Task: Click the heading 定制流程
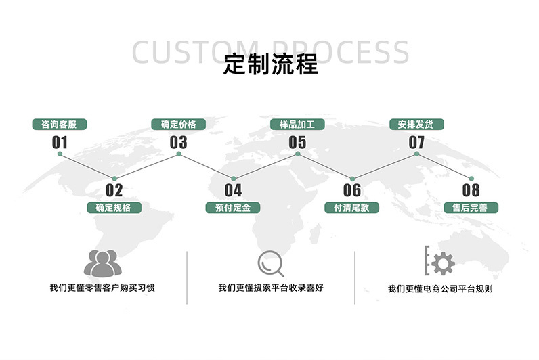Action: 270,65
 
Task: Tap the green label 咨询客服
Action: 60,125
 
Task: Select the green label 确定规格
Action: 114,208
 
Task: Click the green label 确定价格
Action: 179,125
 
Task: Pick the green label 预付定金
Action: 233,208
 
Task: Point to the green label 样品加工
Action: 297,125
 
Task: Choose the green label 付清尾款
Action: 351,208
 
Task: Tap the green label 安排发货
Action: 416,125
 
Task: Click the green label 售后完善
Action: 471,208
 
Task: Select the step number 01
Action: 60,142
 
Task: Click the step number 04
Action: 233,190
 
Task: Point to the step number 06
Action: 351,190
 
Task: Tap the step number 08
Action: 471,190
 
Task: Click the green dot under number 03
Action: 179,154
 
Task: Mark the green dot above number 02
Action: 114,178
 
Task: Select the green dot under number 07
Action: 416,154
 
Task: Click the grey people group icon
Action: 101,263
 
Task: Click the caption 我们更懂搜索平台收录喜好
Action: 271,288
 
